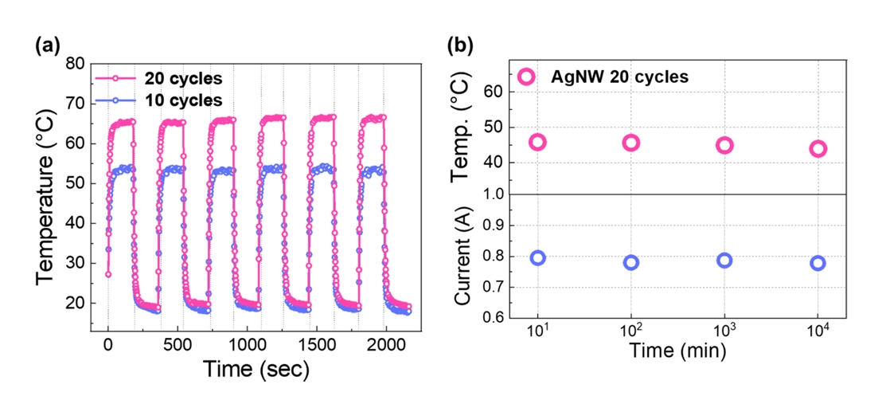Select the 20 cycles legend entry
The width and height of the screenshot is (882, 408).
[x=182, y=78]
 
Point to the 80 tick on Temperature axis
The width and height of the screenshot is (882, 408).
[x=76, y=65]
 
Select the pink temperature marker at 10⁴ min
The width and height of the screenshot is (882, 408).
[x=818, y=149]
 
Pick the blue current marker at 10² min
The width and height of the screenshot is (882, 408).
[x=631, y=262]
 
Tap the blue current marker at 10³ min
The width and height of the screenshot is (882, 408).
[x=724, y=261]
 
